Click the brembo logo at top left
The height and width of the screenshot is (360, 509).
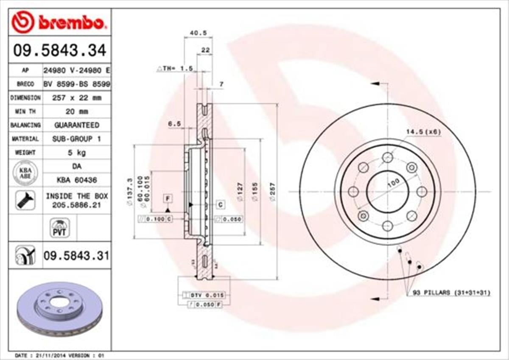[x=58, y=22]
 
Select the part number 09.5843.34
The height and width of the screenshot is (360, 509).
[x=59, y=50]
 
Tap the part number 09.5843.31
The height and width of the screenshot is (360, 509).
[x=76, y=256]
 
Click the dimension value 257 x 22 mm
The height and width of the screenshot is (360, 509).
[x=76, y=98]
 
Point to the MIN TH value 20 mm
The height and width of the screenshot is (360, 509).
[x=76, y=112]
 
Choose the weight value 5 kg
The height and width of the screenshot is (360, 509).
[x=76, y=152]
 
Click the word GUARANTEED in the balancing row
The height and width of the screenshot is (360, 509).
[x=76, y=125]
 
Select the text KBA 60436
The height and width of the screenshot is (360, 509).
[x=76, y=180]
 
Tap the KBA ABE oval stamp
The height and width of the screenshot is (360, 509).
[x=25, y=173]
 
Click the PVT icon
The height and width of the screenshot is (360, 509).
[x=59, y=228]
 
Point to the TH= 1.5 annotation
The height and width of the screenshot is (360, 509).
[x=175, y=68]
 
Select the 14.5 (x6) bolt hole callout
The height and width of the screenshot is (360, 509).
[x=423, y=131]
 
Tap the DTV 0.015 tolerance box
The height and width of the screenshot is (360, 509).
[x=204, y=295]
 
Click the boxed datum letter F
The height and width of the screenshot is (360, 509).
[x=168, y=198]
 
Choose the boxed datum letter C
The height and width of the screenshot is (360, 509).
[x=221, y=205]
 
